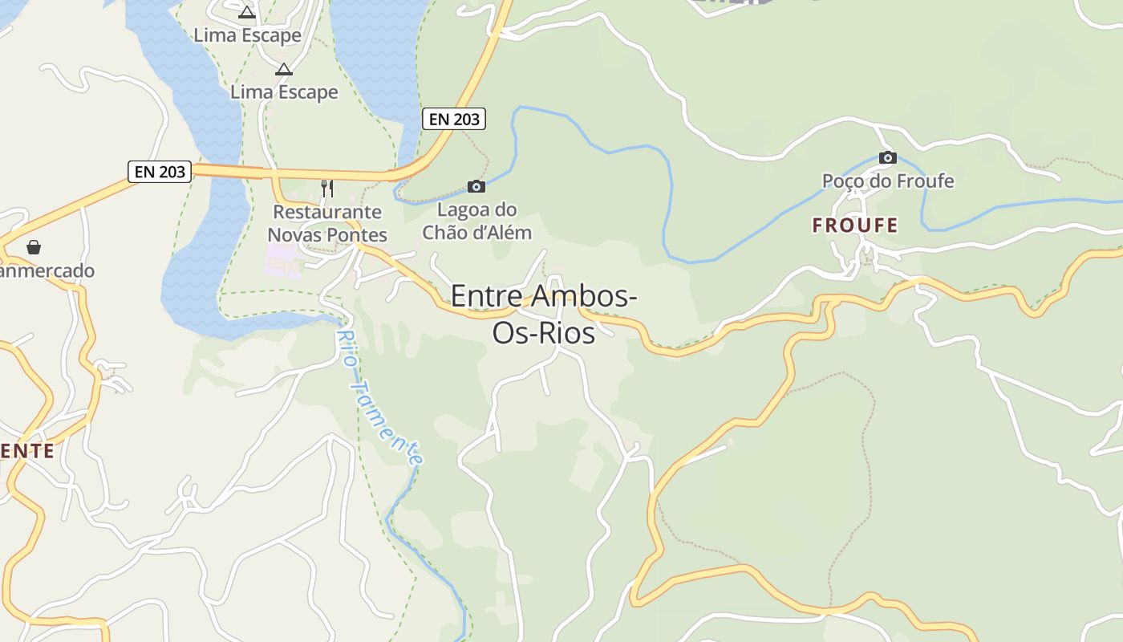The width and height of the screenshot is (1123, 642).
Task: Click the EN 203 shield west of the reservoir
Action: pos(160,171)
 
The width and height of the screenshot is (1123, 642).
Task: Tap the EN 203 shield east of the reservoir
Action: pos(454,119)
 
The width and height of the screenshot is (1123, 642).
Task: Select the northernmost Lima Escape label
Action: pos(247,35)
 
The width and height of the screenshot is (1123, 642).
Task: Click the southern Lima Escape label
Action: pos(284,92)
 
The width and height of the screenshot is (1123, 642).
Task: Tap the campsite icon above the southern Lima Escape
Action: pos(284,70)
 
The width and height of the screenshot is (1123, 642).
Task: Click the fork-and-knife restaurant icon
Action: pos(327,189)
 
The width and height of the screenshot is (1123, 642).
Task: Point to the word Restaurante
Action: pos(327,212)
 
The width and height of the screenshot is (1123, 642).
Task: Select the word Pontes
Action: pos(354,235)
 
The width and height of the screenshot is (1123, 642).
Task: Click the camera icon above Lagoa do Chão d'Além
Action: pos(476,187)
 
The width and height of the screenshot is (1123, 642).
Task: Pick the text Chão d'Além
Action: pos(476,233)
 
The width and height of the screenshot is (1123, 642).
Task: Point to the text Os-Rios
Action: pos(544,331)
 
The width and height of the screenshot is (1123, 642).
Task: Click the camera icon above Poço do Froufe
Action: pos(887,157)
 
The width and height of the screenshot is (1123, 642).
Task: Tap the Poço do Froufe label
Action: pos(888,181)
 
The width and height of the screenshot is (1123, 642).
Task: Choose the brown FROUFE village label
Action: pos(855,226)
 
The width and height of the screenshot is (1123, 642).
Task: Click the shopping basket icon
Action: pos(34,247)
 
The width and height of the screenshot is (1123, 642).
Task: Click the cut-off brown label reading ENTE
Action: pos(27,450)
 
